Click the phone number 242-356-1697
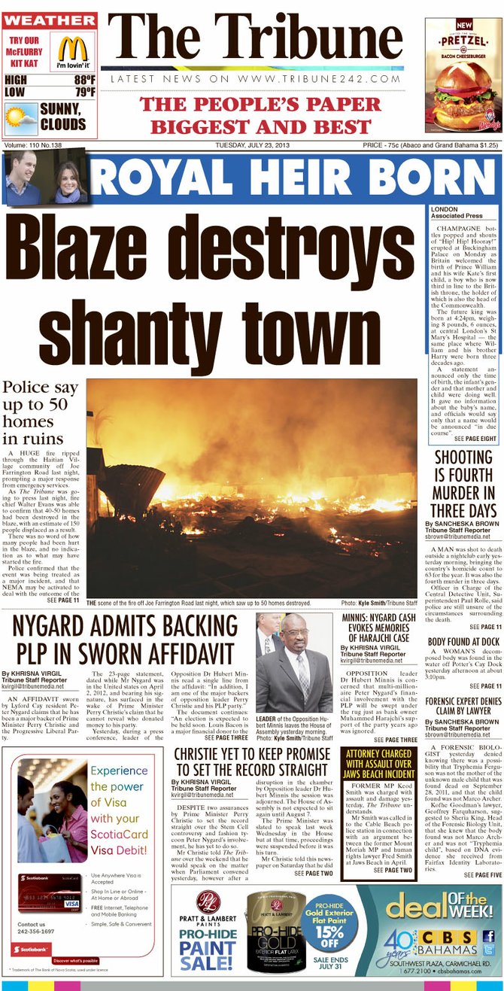pyautogui.click(x=36, y=932)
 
